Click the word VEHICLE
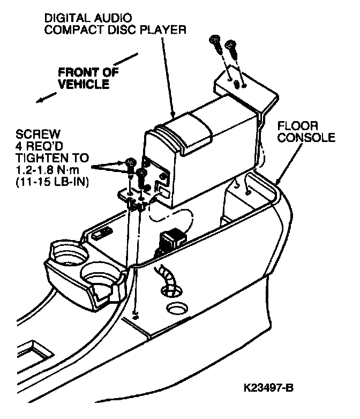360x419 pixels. (84, 84)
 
